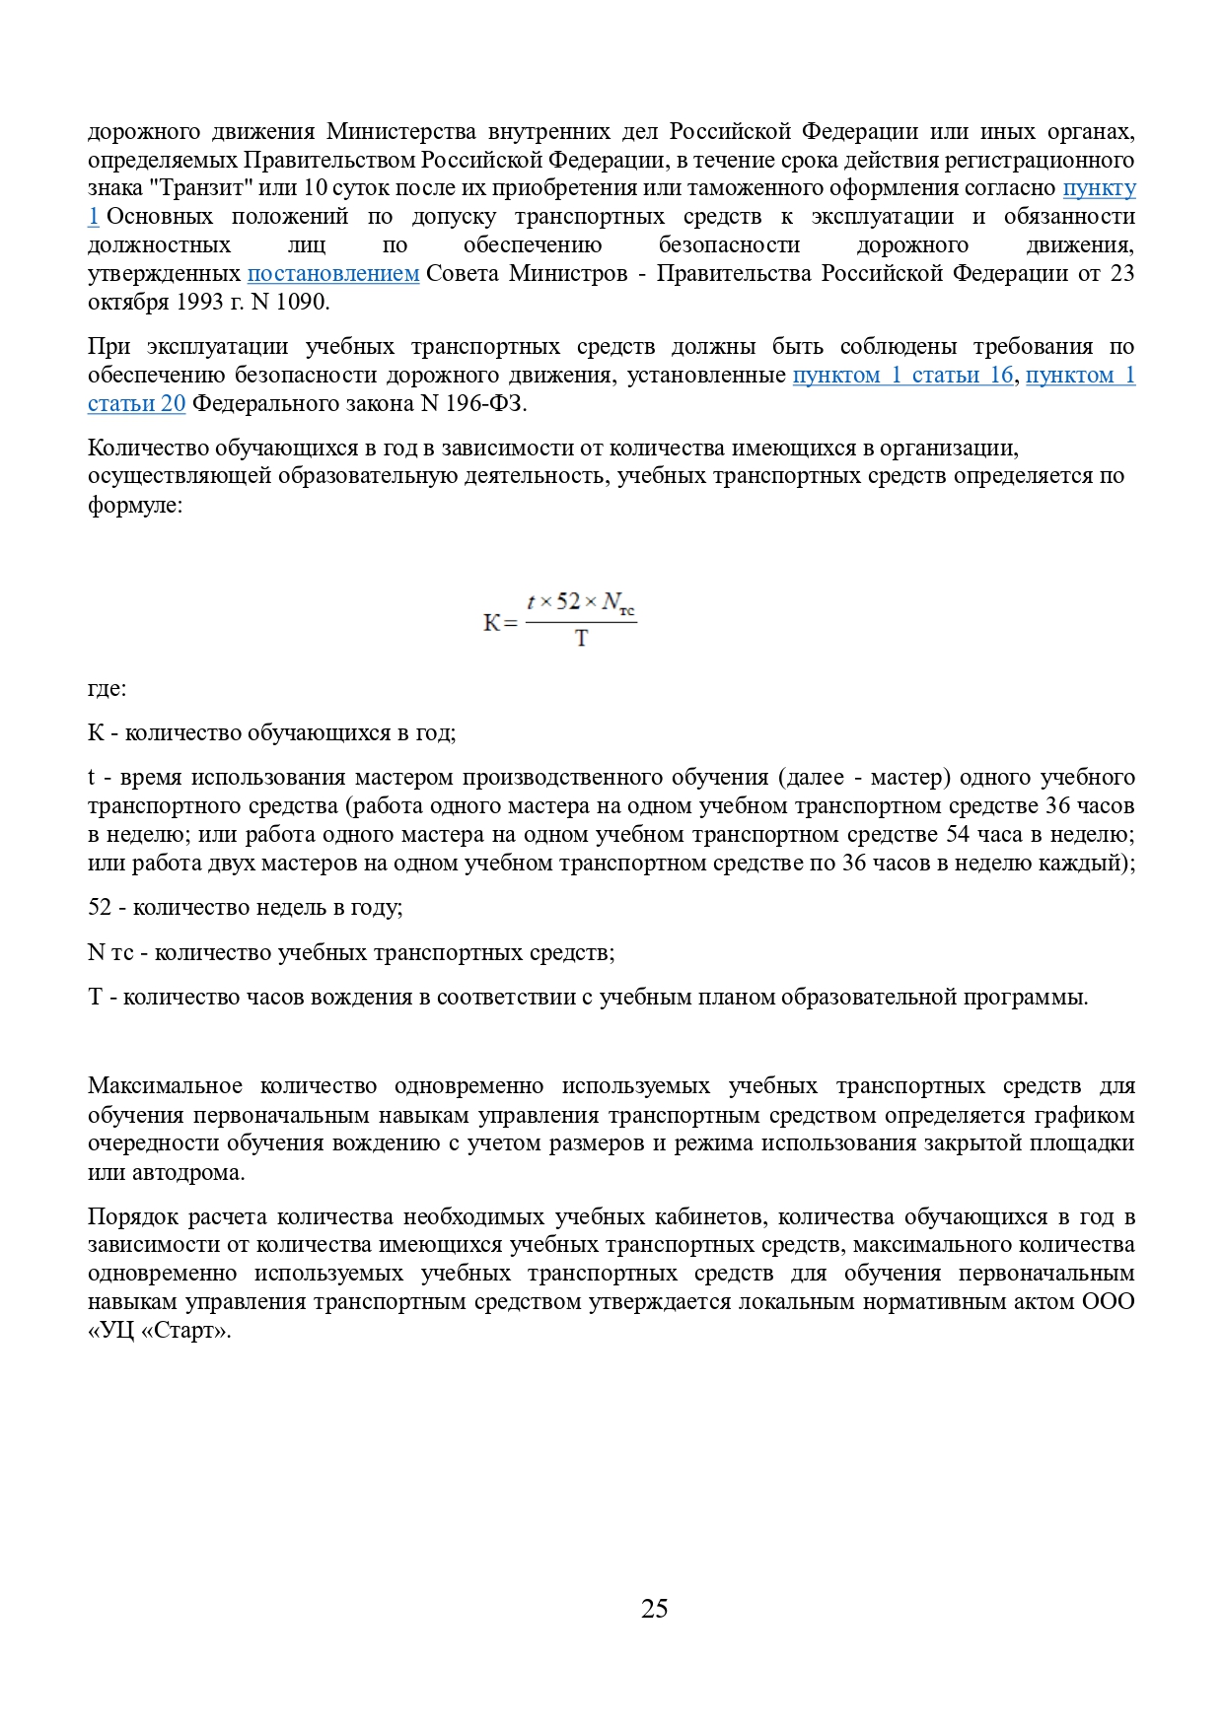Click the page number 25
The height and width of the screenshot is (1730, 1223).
(x=654, y=1609)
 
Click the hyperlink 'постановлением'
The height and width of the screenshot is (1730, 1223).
(x=333, y=273)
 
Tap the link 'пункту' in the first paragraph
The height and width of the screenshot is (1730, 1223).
(x=1099, y=187)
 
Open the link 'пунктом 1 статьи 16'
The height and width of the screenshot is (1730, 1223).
(x=902, y=375)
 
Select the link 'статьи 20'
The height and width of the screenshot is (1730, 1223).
(x=136, y=403)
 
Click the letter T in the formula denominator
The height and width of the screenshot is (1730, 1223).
(x=581, y=639)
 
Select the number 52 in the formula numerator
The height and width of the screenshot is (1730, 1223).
(x=568, y=601)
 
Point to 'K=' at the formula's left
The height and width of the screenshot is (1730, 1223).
(x=499, y=623)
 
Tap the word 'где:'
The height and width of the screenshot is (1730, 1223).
(x=107, y=688)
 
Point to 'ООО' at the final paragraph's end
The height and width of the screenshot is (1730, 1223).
(x=1108, y=1301)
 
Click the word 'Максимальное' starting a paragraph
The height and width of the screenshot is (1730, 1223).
(x=165, y=1086)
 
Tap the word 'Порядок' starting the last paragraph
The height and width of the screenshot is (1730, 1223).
(x=128, y=1216)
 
